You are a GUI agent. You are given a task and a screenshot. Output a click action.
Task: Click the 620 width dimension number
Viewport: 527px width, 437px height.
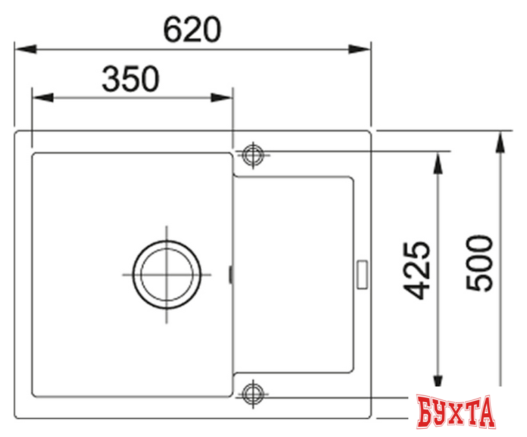(x=193, y=29)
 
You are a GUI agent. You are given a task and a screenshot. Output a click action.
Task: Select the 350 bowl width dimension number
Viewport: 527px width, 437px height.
(x=130, y=79)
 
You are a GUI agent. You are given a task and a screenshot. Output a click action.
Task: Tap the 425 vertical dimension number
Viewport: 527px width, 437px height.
(x=419, y=270)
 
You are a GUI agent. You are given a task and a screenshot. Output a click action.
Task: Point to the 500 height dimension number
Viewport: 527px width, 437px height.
(x=480, y=264)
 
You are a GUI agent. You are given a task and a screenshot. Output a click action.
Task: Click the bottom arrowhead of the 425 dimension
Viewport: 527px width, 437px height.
(x=440, y=383)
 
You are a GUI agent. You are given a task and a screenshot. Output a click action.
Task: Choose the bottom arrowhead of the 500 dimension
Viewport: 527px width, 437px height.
(x=501, y=392)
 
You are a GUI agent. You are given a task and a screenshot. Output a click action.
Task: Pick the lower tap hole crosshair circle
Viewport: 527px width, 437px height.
(x=252, y=392)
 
